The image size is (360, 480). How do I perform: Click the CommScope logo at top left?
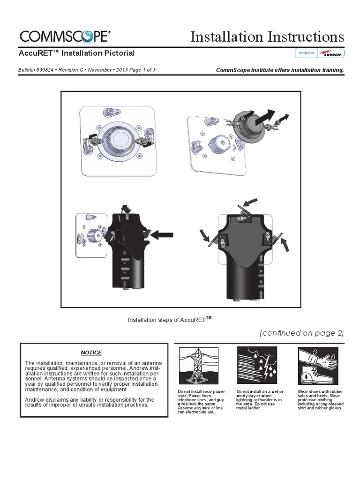(x=65, y=36)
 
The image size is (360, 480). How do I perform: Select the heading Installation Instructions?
(x=267, y=37)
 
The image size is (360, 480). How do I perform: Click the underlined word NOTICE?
(x=91, y=352)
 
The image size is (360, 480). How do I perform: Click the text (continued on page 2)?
(x=301, y=333)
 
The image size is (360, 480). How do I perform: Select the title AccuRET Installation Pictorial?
(x=76, y=53)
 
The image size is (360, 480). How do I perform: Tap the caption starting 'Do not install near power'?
(x=201, y=402)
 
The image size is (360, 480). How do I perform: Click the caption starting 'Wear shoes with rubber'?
(x=320, y=399)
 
